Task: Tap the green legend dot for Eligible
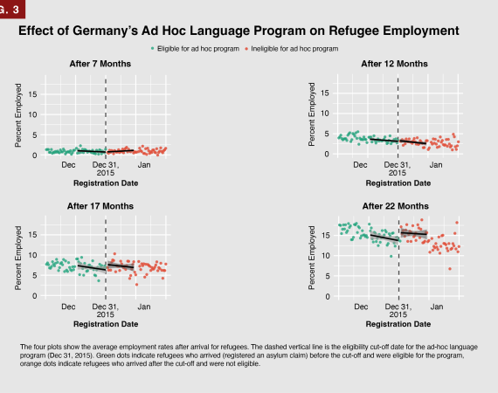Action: point(152,49)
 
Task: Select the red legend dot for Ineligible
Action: point(246,49)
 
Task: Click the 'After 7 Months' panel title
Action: point(100,64)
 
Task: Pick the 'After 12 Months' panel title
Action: point(394,64)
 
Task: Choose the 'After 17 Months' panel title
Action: point(100,206)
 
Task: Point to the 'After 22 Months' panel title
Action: point(396,206)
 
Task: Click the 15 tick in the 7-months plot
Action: point(32,94)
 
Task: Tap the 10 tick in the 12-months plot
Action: point(325,114)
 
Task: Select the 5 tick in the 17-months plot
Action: point(35,276)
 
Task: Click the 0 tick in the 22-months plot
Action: point(328,297)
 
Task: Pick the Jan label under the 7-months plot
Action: point(144,165)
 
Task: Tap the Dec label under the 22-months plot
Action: point(361,307)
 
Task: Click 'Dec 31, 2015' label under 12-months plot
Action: point(398,169)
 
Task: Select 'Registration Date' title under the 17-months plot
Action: point(106,324)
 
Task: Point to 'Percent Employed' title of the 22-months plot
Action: point(312,258)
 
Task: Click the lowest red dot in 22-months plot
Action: point(450,269)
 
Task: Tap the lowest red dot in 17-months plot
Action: point(136,285)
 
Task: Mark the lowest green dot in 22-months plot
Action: point(391,256)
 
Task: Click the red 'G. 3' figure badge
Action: point(12,9)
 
